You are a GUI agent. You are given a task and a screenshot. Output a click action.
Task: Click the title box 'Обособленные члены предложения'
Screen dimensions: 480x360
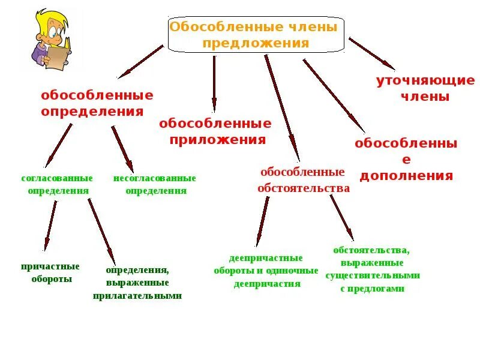coord(256,35)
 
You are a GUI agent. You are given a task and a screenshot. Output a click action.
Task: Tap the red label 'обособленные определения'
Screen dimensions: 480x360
coord(97,103)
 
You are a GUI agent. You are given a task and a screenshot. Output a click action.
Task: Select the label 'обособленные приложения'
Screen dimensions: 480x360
coord(215,131)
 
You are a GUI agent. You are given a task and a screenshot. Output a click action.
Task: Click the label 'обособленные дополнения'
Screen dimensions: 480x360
coord(406,159)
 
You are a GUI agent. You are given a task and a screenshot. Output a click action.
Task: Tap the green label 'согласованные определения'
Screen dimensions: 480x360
coord(58,184)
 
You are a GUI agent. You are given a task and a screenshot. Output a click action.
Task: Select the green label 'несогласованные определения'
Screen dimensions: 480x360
coord(155,184)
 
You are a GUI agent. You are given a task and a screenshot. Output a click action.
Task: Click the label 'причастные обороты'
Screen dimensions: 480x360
coord(50,272)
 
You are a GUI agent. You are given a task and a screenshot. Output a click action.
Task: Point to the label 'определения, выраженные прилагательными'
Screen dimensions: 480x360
coord(137,283)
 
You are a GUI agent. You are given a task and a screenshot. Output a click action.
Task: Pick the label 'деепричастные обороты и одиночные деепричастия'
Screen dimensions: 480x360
coord(266,271)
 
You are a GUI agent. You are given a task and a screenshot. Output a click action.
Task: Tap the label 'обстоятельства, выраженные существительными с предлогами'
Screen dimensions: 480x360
coord(373,269)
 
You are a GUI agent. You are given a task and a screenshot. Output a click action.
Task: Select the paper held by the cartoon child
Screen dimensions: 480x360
coord(58,58)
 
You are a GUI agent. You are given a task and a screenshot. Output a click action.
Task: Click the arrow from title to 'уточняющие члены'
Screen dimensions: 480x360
coord(371,53)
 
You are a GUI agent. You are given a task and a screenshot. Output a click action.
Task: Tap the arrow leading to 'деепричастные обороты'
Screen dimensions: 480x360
coord(263,221)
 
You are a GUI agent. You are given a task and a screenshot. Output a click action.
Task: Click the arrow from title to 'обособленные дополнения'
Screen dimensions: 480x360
coord(334,95)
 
